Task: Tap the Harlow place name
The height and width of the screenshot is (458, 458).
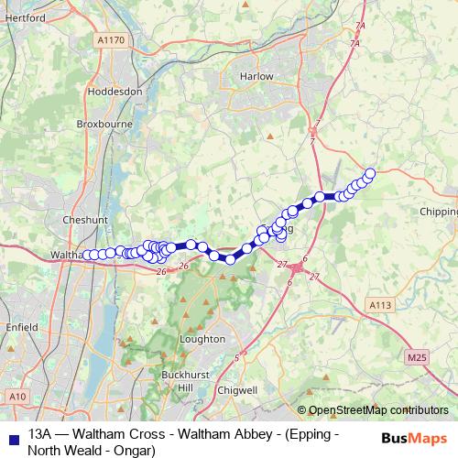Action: coord(256,76)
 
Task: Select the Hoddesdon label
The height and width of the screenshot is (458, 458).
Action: coord(113,92)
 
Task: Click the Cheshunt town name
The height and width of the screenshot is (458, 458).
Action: coord(85,220)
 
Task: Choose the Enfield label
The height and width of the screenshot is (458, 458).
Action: coord(19,326)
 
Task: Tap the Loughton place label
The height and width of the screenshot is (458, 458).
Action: coord(202,338)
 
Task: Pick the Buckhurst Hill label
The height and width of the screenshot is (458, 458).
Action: coord(173,382)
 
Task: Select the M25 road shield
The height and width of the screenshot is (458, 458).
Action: coord(417,356)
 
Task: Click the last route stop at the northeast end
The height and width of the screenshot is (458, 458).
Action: coord(370,173)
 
